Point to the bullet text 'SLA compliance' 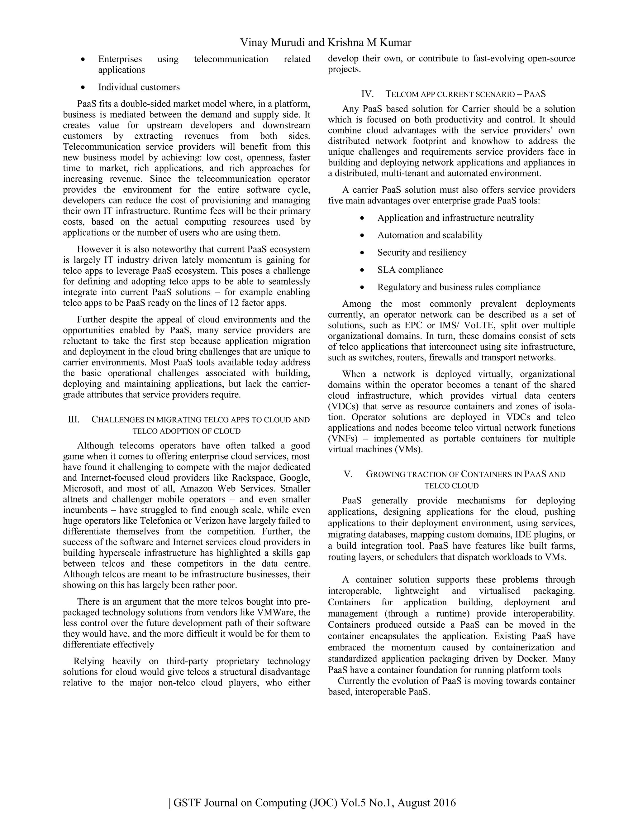point(410,270)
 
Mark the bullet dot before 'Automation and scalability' point(363,236)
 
